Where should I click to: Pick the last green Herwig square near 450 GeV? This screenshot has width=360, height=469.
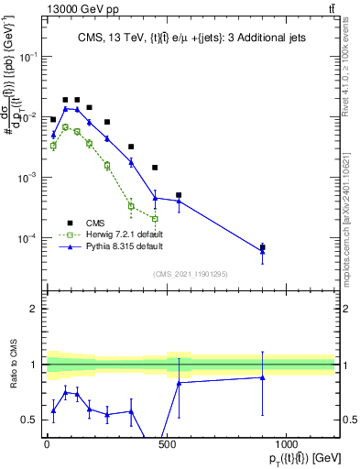point(155,219)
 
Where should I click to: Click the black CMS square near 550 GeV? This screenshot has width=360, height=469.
point(179,195)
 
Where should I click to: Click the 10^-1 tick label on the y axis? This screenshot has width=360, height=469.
point(28,57)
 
